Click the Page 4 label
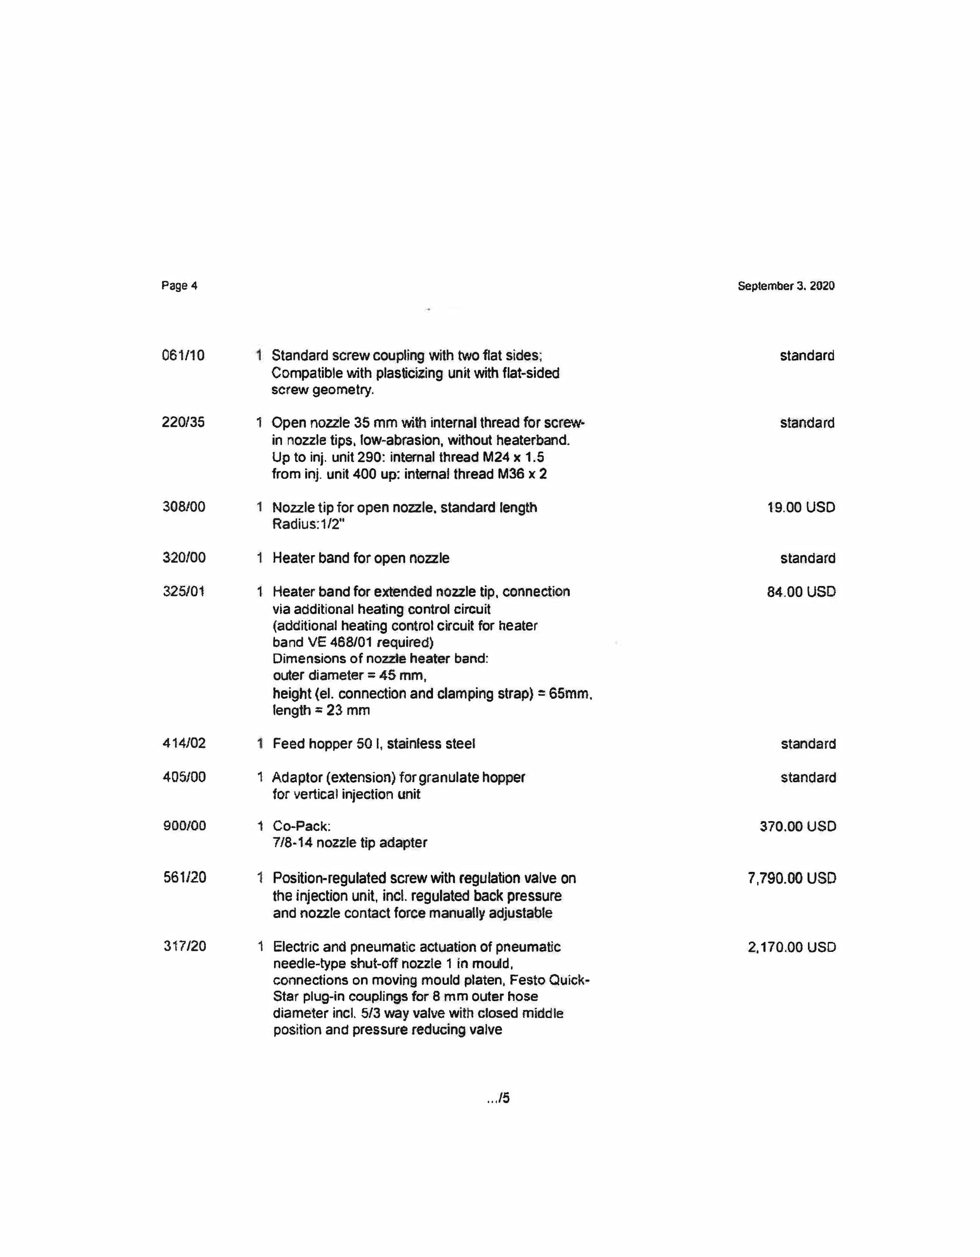point(179,285)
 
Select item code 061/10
point(183,355)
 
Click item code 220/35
point(183,422)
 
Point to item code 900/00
point(184,826)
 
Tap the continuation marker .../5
point(498,1098)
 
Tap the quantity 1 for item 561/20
point(260,878)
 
